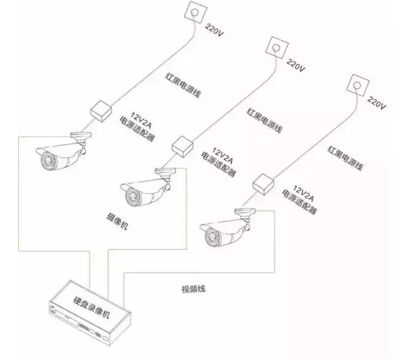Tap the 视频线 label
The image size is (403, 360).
193,289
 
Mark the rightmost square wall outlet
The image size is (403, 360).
357,83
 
